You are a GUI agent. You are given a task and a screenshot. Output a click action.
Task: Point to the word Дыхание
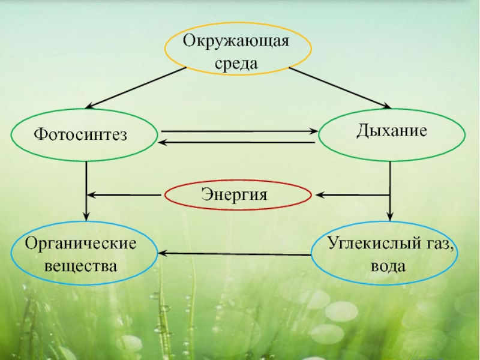pyautogui.click(x=391, y=130)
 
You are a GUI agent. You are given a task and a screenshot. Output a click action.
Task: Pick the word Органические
pyautogui.click(x=80, y=245)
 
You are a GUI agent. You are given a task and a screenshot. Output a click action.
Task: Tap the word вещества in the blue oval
pyautogui.click(x=80, y=264)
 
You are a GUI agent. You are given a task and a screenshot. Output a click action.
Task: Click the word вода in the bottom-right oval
pyautogui.click(x=389, y=265)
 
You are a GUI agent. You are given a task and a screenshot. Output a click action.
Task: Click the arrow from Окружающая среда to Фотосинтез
pyautogui.click(x=135, y=88)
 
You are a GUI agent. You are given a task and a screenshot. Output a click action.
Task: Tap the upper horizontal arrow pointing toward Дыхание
pyautogui.click(x=240, y=131)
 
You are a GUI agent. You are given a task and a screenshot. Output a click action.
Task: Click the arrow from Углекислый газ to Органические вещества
pyautogui.click(x=234, y=254)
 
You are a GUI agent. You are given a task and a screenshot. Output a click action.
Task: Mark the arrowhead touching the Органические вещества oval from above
pyautogui.click(x=86, y=215)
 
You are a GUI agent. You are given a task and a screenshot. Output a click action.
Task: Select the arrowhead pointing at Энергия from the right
pyautogui.click(x=321, y=195)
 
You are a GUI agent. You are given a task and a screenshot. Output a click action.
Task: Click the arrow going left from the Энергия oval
pyautogui.click(x=126, y=195)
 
